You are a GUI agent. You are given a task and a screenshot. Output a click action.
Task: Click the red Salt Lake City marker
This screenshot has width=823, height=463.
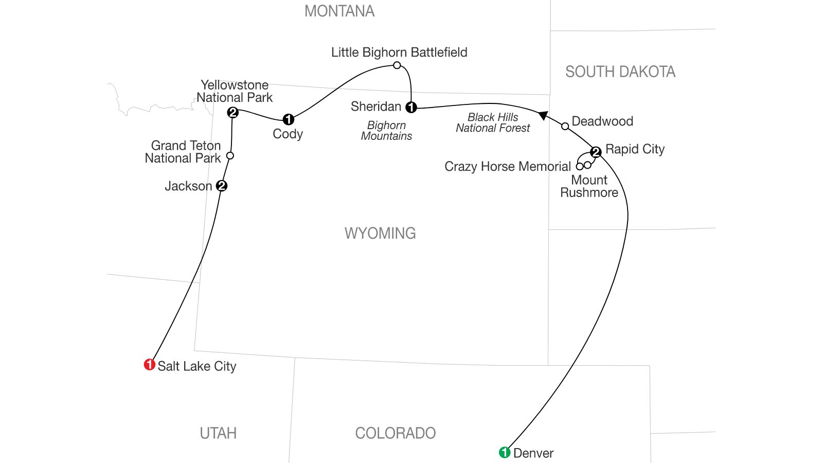click(149, 365)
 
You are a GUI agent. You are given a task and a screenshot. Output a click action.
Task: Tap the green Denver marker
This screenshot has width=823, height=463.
click(505, 452)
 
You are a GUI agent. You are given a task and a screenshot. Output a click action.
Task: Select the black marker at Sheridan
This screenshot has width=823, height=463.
click(411, 107)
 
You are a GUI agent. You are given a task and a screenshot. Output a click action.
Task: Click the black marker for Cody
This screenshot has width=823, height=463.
click(289, 119)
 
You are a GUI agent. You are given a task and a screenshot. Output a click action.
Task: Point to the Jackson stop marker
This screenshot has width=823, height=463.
click(222, 186)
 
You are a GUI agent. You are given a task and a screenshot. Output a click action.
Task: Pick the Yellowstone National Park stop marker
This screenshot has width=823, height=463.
click(232, 112)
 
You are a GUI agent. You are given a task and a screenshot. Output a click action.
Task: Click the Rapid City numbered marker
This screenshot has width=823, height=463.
click(596, 152)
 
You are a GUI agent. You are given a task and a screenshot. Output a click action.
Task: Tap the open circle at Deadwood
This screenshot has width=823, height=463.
click(565, 126)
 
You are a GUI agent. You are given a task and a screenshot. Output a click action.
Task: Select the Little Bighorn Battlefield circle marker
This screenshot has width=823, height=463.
click(397, 65)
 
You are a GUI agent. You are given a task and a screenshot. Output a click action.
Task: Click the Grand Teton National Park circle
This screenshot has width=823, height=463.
click(230, 155)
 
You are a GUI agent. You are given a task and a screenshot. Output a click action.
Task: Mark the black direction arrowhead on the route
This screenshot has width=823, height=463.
click(543, 115)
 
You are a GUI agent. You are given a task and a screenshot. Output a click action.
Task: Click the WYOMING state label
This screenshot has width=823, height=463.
click(380, 234)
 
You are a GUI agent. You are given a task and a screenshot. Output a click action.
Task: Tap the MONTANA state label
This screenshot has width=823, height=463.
click(339, 11)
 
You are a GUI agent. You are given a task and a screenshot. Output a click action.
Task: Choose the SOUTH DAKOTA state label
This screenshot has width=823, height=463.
click(620, 72)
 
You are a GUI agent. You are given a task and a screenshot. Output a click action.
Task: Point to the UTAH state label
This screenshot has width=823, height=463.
click(218, 433)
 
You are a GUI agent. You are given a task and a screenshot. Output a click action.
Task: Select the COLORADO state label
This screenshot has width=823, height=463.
click(395, 433)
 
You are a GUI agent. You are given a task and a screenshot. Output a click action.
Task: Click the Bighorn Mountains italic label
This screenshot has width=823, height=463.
click(387, 131)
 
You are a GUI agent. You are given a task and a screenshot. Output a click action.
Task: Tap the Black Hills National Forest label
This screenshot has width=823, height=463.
click(493, 123)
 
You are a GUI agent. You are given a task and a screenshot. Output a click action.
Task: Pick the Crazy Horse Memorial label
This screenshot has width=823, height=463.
click(508, 167)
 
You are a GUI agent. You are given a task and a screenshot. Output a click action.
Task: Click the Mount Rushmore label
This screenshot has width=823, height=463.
click(589, 186)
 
